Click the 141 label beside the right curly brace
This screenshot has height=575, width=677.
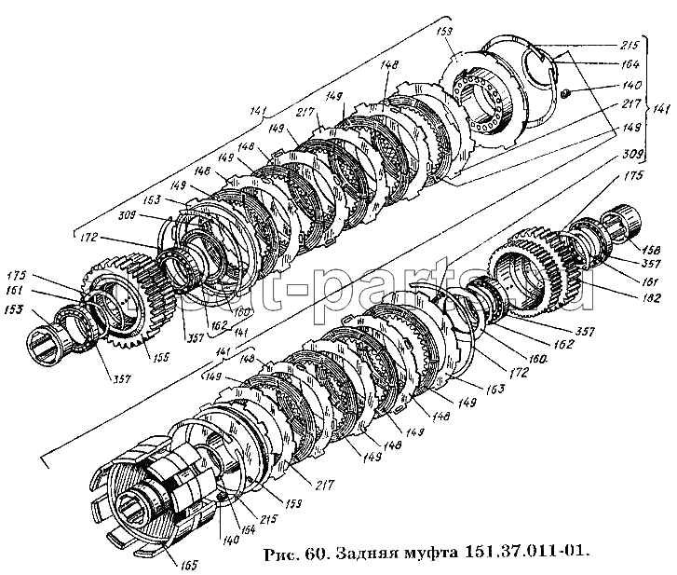pyautogui.click(x=660, y=106)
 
